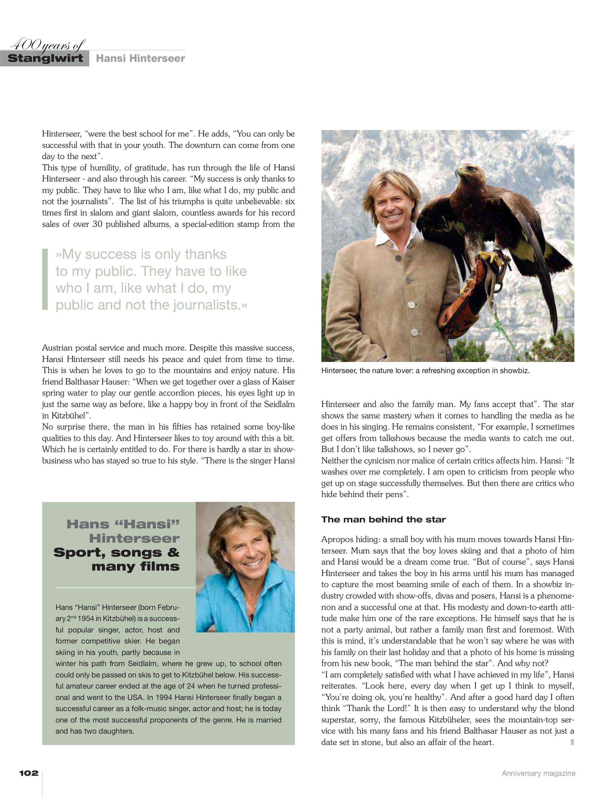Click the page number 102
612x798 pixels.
(x=29, y=773)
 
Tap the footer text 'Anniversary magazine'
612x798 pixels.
(x=538, y=773)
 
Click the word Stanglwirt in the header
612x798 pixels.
(x=45, y=58)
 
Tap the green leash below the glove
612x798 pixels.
(x=498, y=323)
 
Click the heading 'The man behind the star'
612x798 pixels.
(x=383, y=520)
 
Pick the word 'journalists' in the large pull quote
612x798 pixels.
(x=206, y=305)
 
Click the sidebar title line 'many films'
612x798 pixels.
(x=136, y=567)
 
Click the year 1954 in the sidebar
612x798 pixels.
(x=86, y=619)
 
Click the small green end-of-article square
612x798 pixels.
(x=572, y=742)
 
